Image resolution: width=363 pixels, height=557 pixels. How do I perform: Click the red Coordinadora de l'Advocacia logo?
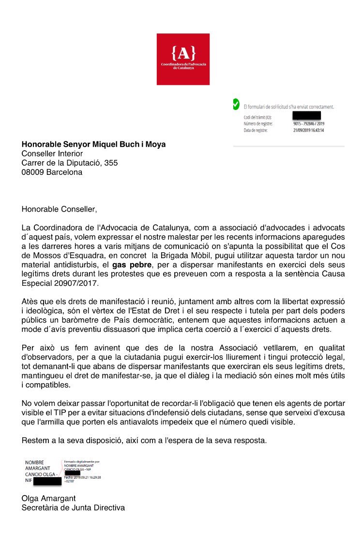(x=183, y=59)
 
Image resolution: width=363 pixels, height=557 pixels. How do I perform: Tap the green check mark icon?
(x=236, y=104)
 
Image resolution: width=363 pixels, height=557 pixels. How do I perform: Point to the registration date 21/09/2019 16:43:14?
(x=309, y=130)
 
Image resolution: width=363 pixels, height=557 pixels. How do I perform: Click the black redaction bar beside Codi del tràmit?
(x=307, y=116)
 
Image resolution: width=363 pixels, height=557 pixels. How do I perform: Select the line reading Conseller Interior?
(x=52, y=154)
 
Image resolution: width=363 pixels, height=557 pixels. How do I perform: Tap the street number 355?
(x=111, y=163)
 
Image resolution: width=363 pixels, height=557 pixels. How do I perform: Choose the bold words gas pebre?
(x=132, y=265)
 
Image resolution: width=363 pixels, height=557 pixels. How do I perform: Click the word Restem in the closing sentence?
(x=35, y=440)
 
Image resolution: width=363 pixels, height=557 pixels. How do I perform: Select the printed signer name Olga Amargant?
(x=48, y=498)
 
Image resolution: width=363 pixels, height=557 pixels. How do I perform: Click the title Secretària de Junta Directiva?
(x=73, y=508)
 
